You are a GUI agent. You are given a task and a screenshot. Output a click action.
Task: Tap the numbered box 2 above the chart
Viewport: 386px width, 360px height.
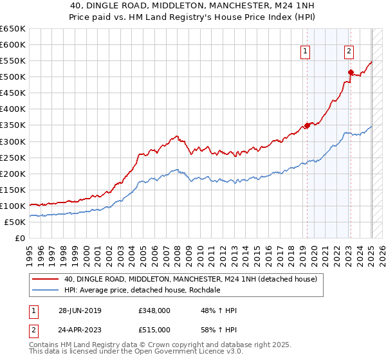[349, 53]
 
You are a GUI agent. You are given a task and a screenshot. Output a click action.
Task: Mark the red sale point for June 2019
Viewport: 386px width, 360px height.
[307, 125]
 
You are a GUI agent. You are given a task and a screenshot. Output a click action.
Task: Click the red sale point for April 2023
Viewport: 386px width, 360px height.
[351, 72]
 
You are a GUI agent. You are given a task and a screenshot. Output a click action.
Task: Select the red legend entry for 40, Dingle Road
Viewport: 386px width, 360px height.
[190, 280]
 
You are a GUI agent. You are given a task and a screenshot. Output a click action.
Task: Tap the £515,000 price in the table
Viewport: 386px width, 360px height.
[155, 330]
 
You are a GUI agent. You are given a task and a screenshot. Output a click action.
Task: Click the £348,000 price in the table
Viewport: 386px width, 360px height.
[155, 310]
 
